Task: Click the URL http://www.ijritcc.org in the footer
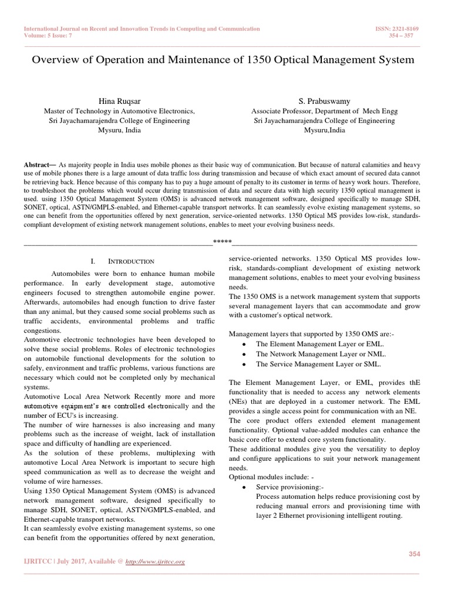(156, 562)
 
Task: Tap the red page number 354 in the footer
(415, 555)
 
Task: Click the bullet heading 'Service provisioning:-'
(290, 487)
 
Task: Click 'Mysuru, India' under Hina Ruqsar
(119, 130)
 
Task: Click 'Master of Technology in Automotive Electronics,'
(119, 110)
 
